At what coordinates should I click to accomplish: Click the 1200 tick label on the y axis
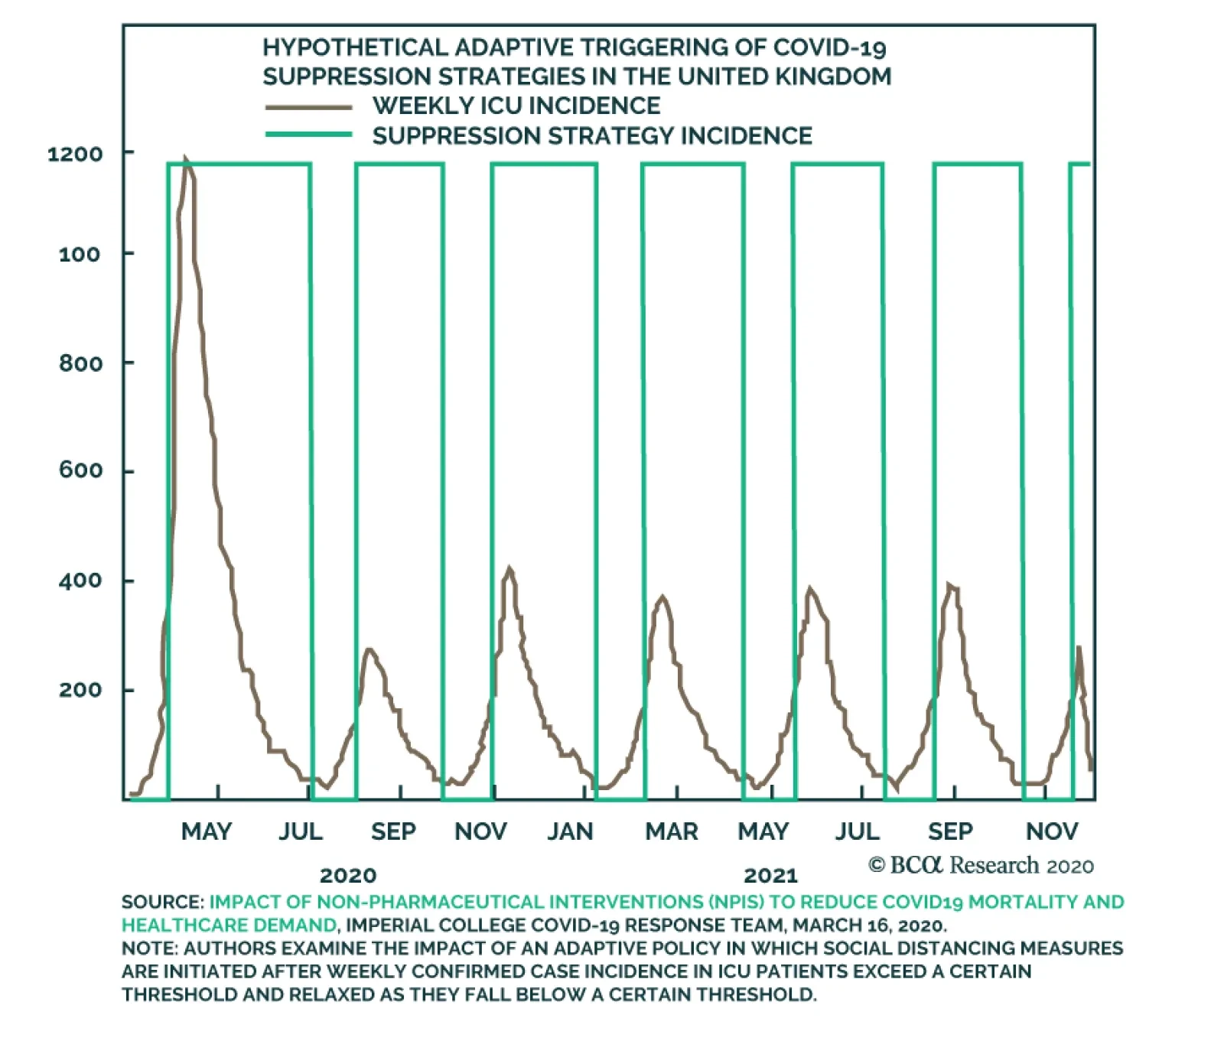coord(75,154)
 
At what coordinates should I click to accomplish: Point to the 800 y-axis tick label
coord(80,363)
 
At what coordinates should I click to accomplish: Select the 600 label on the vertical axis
coord(80,470)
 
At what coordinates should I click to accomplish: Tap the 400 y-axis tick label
coord(80,581)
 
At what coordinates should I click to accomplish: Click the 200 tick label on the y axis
coord(80,690)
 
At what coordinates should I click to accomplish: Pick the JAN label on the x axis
coord(570,831)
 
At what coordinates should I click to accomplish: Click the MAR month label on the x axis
coord(672,831)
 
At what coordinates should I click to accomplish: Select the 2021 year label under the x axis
coord(770,875)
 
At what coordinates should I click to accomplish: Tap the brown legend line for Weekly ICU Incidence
coord(308,107)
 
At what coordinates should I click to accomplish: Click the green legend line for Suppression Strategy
coord(308,135)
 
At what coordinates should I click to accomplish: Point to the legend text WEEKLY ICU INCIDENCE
coord(516,106)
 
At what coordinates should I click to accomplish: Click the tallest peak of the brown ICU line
coord(185,160)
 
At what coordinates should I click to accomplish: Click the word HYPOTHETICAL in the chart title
coord(356,47)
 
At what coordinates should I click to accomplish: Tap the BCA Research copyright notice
coord(981,865)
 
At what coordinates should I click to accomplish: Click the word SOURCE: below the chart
coord(162,902)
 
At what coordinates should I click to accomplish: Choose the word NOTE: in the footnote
coord(150,948)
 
